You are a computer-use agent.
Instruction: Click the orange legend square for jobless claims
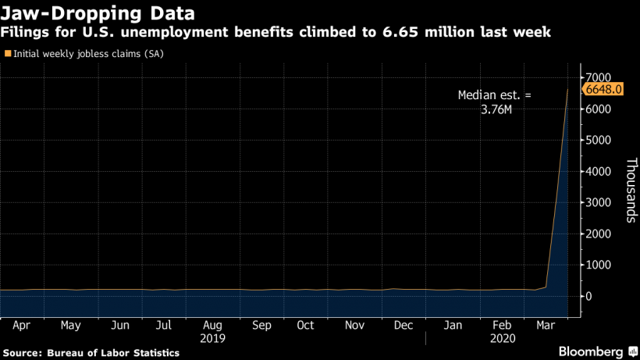pyautogui.click(x=8, y=54)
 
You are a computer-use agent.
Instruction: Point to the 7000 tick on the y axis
pyautogui.click(x=599, y=77)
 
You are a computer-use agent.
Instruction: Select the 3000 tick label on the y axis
pyautogui.click(x=599, y=202)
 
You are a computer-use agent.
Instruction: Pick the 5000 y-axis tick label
pyautogui.click(x=599, y=140)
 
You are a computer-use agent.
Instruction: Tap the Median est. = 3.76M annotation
pyautogui.click(x=493, y=103)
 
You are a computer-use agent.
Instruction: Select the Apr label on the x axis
pyautogui.click(x=23, y=325)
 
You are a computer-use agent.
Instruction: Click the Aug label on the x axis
pyautogui.click(x=213, y=325)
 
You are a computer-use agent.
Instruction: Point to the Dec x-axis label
pyautogui.click(x=404, y=325)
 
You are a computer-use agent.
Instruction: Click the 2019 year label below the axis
pyautogui.click(x=213, y=338)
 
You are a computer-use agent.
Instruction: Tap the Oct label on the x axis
pyautogui.click(x=307, y=325)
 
